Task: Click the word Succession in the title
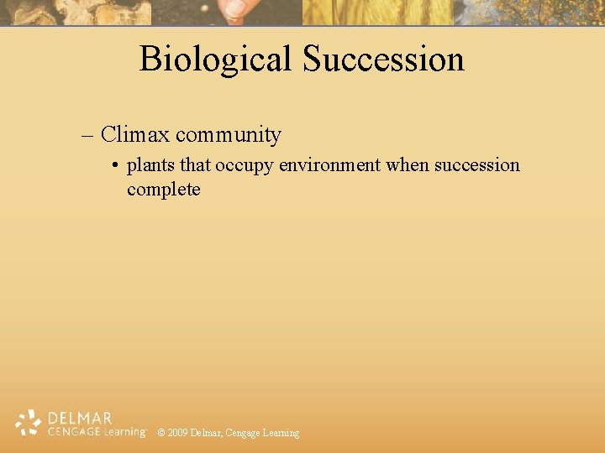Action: point(383,60)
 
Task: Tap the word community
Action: point(229,134)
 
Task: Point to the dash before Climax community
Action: point(88,135)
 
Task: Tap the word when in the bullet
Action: point(408,165)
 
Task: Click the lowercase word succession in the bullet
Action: point(476,165)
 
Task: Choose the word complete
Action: point(164,190)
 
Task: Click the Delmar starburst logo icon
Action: point(29,423)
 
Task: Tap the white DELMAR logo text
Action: point(80,418)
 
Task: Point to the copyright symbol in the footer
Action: point(161,433)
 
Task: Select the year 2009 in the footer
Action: point(177,433)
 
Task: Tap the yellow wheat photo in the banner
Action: point(378,12)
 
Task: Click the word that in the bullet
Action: point(196,165)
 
